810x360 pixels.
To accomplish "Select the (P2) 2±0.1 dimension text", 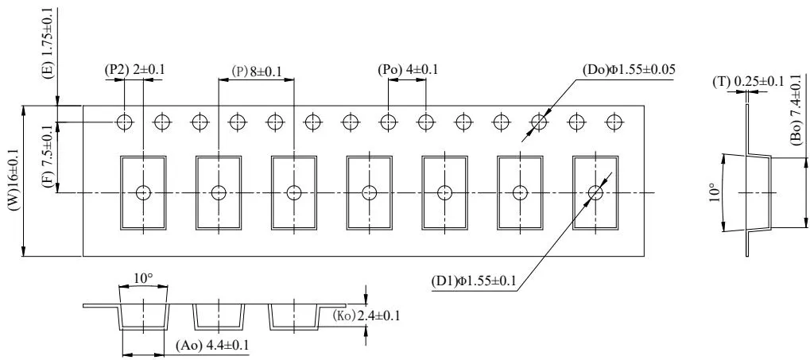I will (135, 70).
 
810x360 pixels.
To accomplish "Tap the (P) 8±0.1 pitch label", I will (257, 71).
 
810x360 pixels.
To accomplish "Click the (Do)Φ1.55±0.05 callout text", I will (629, 70).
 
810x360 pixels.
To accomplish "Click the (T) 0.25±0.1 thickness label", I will (749, 80).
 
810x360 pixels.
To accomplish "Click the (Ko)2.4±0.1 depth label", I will (366, 315).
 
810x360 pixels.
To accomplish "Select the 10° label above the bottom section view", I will (143, 279).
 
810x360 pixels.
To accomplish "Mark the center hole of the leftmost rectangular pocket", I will (143, 192).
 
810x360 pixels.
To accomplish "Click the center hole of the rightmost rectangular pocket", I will (595, 192).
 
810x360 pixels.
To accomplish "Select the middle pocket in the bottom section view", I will (218, 316).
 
